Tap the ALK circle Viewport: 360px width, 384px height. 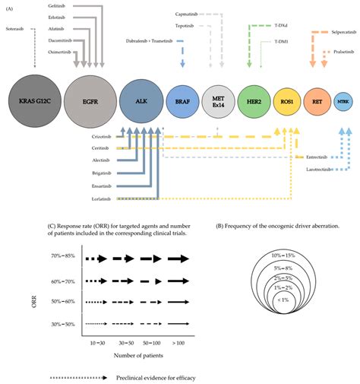pyautogui.click(x=142, y=100)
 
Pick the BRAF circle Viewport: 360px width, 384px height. pyautogui.click(x=182, y=100)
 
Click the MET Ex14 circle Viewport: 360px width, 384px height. pyautogui.click(x=218, y=100)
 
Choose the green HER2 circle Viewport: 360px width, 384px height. pyautogui.click(x=253, y=100)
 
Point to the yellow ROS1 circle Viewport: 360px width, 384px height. pyautogui.click(x=287, y=100)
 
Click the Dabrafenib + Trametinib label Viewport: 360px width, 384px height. pyautogui.click(x=147, y=40)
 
